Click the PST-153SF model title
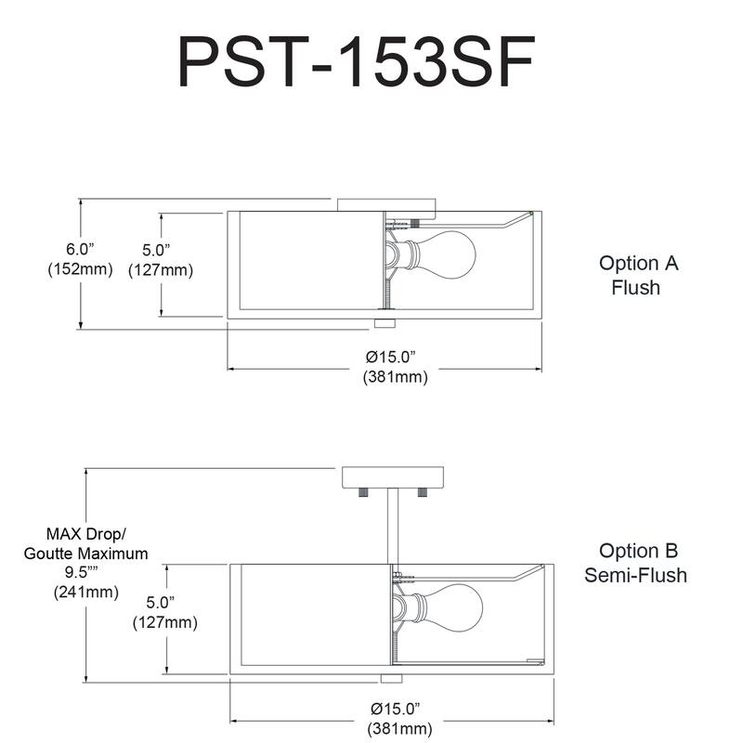point(357,61)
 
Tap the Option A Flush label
point(638,275)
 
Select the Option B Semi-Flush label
point(636,563)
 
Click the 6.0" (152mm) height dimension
point(80,259)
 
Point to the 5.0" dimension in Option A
point(161,260)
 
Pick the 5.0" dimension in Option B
point(165,612)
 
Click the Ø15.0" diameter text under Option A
point(395,367)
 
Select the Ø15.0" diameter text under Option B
point(399,719)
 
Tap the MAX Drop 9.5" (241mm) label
point(85,563)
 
